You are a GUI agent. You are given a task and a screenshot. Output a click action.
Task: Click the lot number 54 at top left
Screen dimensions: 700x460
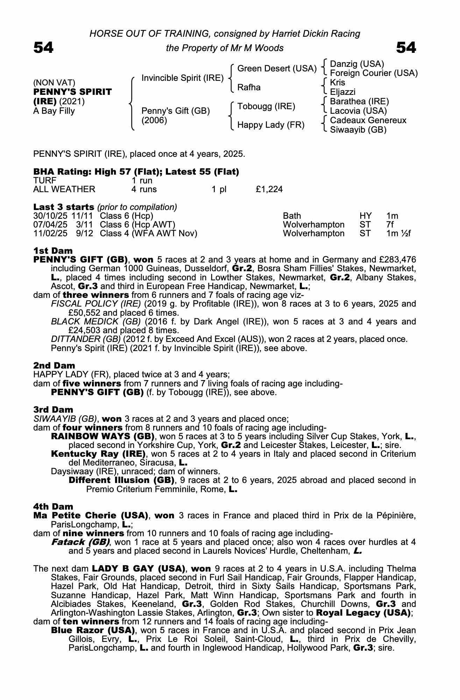(43, 48)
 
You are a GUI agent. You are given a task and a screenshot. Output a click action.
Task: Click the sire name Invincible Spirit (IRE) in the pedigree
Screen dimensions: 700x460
(182, 78)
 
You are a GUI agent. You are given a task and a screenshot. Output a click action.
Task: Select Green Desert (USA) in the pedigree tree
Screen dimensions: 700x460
(277, 69)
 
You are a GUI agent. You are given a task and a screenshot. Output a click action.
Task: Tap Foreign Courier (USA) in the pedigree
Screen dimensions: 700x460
(374, 73)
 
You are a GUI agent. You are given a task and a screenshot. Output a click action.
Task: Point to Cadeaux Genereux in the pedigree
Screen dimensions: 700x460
(368, 120)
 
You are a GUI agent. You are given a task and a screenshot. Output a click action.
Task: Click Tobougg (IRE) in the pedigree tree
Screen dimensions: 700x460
(266, 106)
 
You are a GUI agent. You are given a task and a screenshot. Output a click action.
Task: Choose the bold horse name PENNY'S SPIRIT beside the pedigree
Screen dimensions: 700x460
(72, 92)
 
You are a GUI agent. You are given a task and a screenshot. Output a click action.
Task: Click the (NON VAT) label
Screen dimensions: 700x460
(54, 83)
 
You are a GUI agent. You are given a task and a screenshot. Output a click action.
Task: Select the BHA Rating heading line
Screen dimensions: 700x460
(136, 172)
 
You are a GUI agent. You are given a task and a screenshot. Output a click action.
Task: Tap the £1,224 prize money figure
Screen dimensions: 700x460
(269, 189)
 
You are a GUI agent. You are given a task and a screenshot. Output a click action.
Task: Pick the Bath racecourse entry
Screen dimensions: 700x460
(292, 216)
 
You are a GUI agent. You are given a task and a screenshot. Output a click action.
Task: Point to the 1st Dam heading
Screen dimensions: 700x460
(53, 251)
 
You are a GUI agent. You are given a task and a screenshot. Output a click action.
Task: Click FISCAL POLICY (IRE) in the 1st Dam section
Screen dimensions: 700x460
(96, 304)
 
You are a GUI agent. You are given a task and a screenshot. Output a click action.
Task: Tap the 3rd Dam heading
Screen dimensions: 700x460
(53, 409)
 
